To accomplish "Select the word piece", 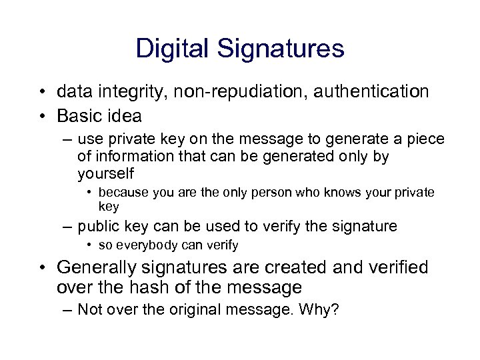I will click(425, 140).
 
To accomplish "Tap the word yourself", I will click(105, 173).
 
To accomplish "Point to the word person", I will click(288, 193).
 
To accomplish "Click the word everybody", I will click(146, 245).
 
